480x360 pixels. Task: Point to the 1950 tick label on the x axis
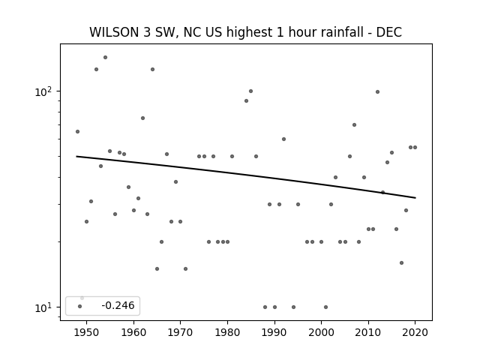[x=87, y=332]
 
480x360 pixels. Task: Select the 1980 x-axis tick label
[x=227, y=332]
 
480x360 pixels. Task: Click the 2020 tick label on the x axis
[x=415, y=332]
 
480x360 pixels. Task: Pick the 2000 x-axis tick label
[x=321, y=332]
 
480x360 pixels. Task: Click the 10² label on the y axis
[x=43, y=91]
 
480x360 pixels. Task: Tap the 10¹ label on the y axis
[x=43, y=307]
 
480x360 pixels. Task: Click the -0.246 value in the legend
[x=118, y=305]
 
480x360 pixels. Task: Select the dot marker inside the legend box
[x=80, y=307]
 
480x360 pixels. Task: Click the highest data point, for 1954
[x=105, y=57]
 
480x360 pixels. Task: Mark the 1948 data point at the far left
[x=77, y=132]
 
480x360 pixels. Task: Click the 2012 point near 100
[x=377, y=91]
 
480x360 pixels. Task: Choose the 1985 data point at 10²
[x=250, y=91]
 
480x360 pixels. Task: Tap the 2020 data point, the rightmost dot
[x=415, y=147]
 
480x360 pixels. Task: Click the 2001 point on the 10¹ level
[x=325, y=307]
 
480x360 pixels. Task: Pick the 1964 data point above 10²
[x=152, y=70]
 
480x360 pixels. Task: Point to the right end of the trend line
[x=415, y=198]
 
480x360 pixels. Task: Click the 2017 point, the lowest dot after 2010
[x=402, y=262]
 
